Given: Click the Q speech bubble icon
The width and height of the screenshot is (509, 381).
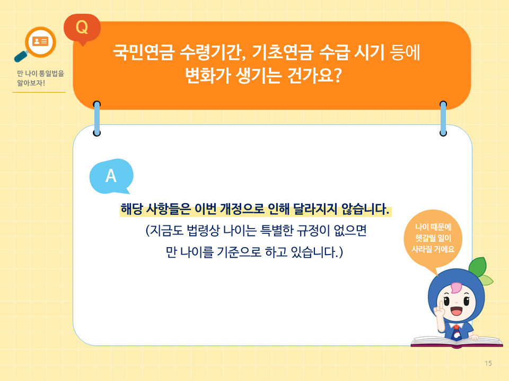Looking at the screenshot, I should tap(82, 28).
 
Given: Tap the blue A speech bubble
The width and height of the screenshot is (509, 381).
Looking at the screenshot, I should tap(111, 176).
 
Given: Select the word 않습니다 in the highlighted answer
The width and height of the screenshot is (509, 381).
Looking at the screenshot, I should tap(363, 209).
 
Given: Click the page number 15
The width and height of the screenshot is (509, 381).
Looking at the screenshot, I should tap(488, 363).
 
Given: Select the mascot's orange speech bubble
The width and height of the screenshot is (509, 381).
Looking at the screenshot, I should tap(433, 240).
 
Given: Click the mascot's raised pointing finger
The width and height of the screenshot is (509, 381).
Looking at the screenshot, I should tap(438, 308).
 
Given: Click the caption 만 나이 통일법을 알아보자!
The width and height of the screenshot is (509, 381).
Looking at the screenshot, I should tap(37, 79).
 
